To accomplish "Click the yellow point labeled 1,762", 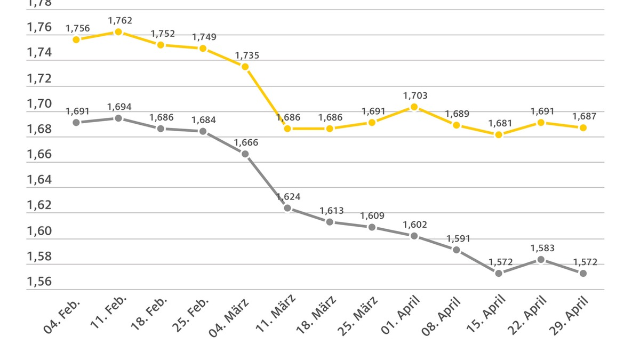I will [x=118, y=32].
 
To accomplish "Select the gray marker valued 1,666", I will [x=245, y=154].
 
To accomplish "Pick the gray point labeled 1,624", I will [x=287, y=208].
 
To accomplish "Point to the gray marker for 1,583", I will [x=541, y=260].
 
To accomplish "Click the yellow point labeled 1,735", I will [x=245, y=67].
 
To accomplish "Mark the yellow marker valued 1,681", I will [x=499, y=135].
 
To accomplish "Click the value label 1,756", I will [x=78, y=28].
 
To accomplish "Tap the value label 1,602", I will [x=415, y=225].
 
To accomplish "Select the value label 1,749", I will [x=204, y=37].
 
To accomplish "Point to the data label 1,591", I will [x=458, y=238].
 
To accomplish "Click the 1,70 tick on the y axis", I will [x=39, y=104].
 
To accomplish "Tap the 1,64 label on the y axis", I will [x=39, y=180].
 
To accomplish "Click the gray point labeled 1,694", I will [x=118, y=118].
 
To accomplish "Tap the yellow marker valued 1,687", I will [x=583, y=128].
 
